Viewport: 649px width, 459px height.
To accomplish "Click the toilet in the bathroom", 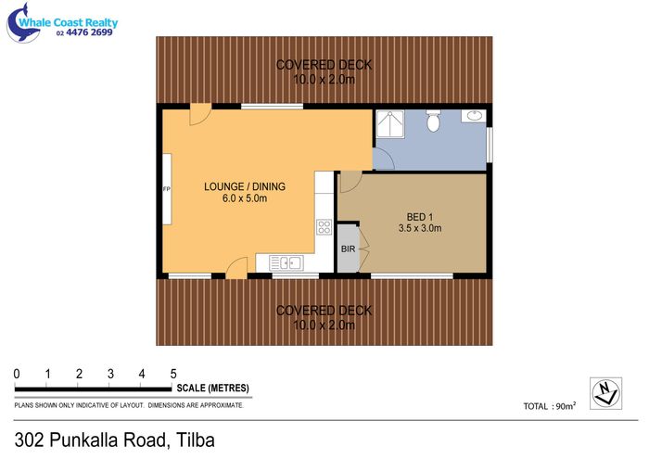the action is [433, 121].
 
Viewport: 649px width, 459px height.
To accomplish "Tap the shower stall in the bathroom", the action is [390, 123].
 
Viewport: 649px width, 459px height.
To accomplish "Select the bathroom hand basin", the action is [474, 116].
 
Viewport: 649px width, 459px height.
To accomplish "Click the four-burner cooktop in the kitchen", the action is [324, 227].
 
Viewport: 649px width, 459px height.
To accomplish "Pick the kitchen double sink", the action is [286, 262].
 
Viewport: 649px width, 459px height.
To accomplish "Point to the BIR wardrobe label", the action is [348, 249].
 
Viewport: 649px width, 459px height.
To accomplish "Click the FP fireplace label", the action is [167, 189].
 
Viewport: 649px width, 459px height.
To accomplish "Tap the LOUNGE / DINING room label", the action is [245, 186].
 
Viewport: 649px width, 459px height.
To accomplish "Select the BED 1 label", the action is [420, 217].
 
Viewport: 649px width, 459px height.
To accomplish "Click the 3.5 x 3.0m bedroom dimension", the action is [420, 228].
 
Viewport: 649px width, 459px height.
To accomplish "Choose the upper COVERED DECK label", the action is [324, 65].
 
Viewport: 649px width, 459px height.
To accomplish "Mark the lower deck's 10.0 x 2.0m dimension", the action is [324, 325].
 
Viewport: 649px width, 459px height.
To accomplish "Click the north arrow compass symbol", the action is [605, 393].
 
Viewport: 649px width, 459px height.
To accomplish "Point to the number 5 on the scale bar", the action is [173, 374].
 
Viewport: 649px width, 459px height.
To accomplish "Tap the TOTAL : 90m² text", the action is [550, 406].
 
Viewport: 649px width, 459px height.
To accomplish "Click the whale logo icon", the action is [23, 24].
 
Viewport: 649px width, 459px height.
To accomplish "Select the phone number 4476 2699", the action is [89, 32].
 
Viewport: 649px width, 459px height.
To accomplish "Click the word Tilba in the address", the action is [196, 440].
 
